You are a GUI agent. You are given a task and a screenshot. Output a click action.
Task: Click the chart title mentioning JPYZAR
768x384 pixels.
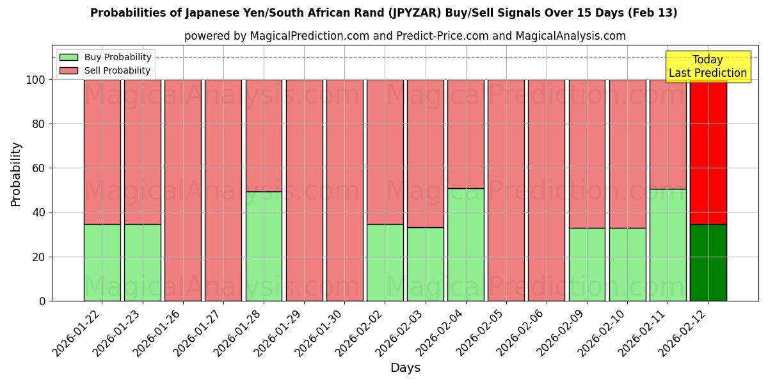pyautogui.click(x=383, y=13)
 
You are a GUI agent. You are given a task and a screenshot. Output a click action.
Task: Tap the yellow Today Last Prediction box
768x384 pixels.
pyautogui.click(x=707, y=67)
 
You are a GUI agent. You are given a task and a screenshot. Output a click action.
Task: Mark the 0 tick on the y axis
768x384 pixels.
pyautogui.click(x=42, y=301)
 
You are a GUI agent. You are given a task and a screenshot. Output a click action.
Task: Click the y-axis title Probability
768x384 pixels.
pyautogui.click(x=16, y=174)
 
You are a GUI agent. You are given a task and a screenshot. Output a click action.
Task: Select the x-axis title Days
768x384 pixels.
pyautogui.click(x=405, y=368)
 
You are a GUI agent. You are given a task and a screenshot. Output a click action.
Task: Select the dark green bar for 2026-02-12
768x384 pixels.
pyautogui.click(x=708, y=262)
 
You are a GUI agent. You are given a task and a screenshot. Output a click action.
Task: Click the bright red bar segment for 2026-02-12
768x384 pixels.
pyautogui.click(x=708, y=152)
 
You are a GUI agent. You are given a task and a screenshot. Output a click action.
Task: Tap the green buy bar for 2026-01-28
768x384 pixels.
pyautogui.click(x=264, y=246)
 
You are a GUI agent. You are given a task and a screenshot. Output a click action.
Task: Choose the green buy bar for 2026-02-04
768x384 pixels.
pyautogui.click(x=466, y=244)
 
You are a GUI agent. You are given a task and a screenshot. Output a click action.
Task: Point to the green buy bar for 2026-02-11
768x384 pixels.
pyautogui.click(x=668, y=244)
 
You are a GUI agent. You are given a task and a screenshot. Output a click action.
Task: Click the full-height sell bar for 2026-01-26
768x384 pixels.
pyautogui.click(x=183, y=190)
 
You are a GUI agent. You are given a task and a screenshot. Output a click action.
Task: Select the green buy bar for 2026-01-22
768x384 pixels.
pyautogui.click(x=102, y=262)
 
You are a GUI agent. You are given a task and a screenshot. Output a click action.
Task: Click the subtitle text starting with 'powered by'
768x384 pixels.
pyautogui.click(x=404, y=36)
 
